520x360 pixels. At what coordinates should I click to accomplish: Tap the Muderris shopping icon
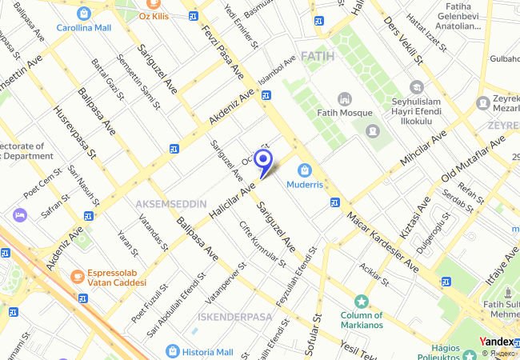click(x=304, y=170)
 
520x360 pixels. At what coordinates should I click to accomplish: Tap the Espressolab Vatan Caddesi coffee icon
click(x=78, y=276)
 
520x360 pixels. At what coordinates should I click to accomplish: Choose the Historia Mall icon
click(x=173, y=351)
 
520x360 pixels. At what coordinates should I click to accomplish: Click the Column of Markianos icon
click(x=362, y=302)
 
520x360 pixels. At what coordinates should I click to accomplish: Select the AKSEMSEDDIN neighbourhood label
click(x=171, y=204)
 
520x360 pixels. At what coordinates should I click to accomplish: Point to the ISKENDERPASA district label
click(x=235, y=317)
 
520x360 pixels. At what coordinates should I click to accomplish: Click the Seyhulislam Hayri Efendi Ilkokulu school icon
click(x=416, y=86)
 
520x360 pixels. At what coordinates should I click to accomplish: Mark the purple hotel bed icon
click(x=20, y=215)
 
